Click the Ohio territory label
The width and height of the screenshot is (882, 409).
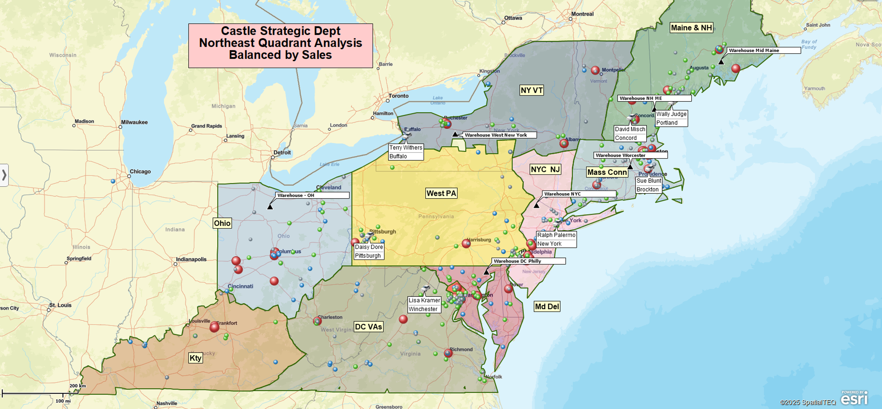point(222,223)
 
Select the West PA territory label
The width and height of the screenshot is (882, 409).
point(441,193)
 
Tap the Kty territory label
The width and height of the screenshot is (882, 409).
point(195,358)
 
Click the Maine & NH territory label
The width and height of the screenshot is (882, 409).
point(691,28)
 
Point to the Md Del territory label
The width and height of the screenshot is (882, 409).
point(547,306)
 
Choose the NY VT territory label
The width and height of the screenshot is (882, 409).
point(531,90)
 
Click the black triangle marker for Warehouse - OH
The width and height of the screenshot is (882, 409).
point(270,207)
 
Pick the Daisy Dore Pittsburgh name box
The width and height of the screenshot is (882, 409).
point(369,251)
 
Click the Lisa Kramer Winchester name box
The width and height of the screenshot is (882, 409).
point(424,304)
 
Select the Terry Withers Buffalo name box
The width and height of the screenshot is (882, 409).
point(406,152)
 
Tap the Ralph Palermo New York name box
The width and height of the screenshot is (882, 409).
point(556,239)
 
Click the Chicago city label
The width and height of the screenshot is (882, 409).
point(140,171)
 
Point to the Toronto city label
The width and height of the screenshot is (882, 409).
point(398,96)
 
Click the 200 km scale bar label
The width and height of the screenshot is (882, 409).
point(78,386)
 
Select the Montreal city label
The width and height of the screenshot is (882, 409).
point(582,14)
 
